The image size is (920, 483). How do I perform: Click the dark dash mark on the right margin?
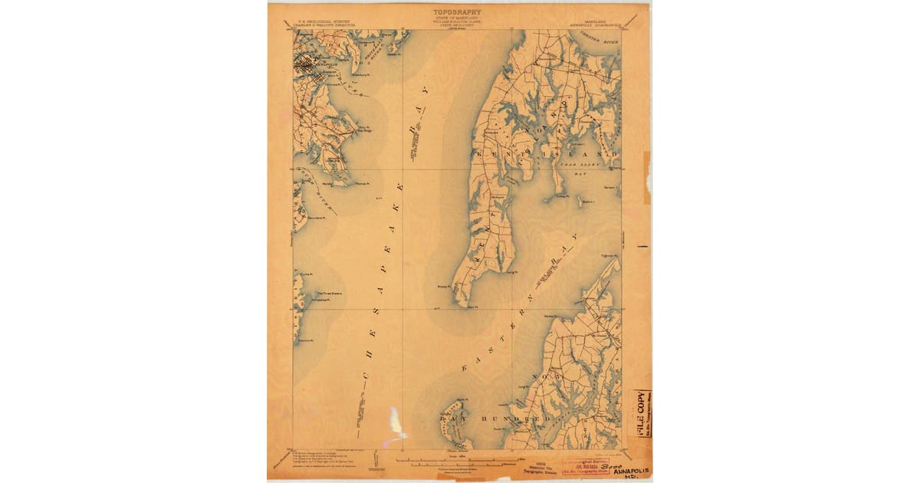642,246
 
